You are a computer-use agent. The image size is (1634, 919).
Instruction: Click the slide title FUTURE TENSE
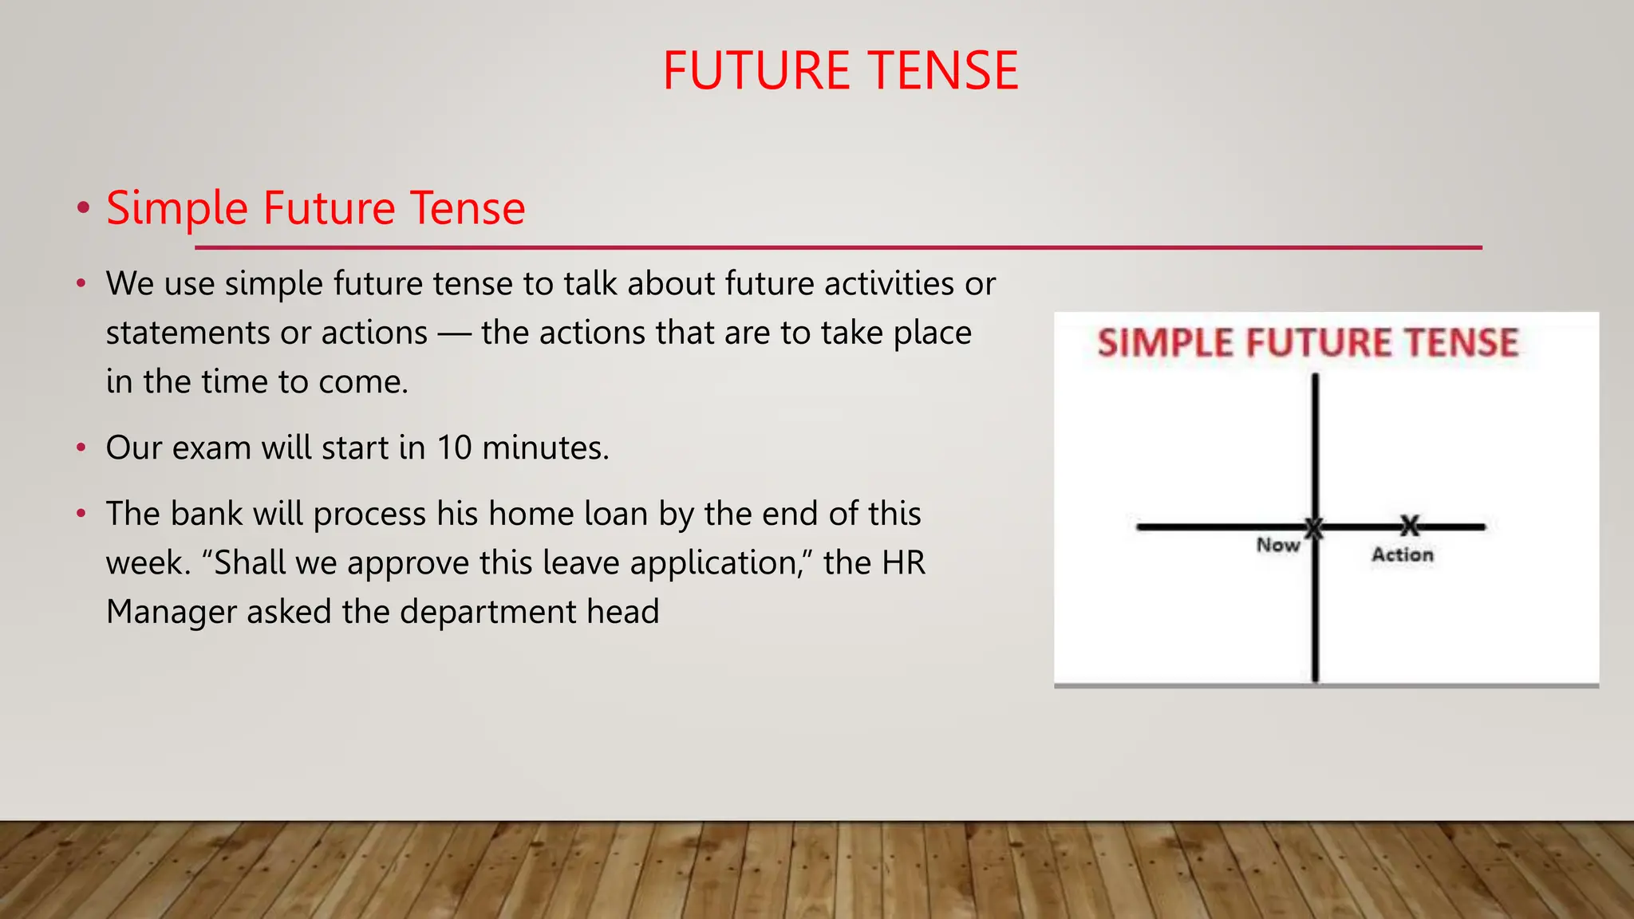pyautogui.click(x=840, y=70)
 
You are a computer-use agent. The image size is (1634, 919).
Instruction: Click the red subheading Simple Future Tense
pyautogui.click(x=315, y=208)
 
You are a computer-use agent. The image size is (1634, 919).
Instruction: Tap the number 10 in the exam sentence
pyautogui.click(x=454, y=448)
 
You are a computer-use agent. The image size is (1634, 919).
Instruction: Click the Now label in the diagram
pyautogui.click(x=1277, y=545)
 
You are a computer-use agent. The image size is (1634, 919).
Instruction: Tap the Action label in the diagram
pyautogui.click(x=1402, y=554)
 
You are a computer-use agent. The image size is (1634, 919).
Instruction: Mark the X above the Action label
pyautogui.click(x=1410, y=526)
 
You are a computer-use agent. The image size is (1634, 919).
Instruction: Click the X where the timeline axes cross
pyautogui.click(x=1314, y=527)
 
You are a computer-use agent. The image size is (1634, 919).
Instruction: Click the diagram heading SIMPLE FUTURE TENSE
pyautogui.click(x=1308, y=343)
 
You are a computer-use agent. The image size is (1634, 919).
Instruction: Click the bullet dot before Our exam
pyautogui.click(x=81, y=448)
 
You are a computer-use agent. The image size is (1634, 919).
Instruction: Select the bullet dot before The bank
pyautogui.click(x=81, y=514)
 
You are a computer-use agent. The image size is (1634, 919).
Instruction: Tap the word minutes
pyautogui.click(x=545, y=448)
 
